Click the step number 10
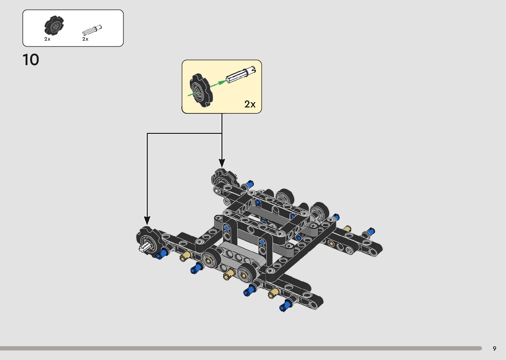(x=31, y=60)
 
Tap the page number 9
(x=494, y=348)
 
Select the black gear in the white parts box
(x=54, y=25)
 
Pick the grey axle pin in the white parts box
(x=92, y=30)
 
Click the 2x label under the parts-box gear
(x=47, y=39)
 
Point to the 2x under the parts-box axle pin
(x=85, y=39)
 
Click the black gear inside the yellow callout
(x=201, y=90)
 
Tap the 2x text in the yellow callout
(x=250, y=104)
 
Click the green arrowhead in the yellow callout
(x=222, y=82)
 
